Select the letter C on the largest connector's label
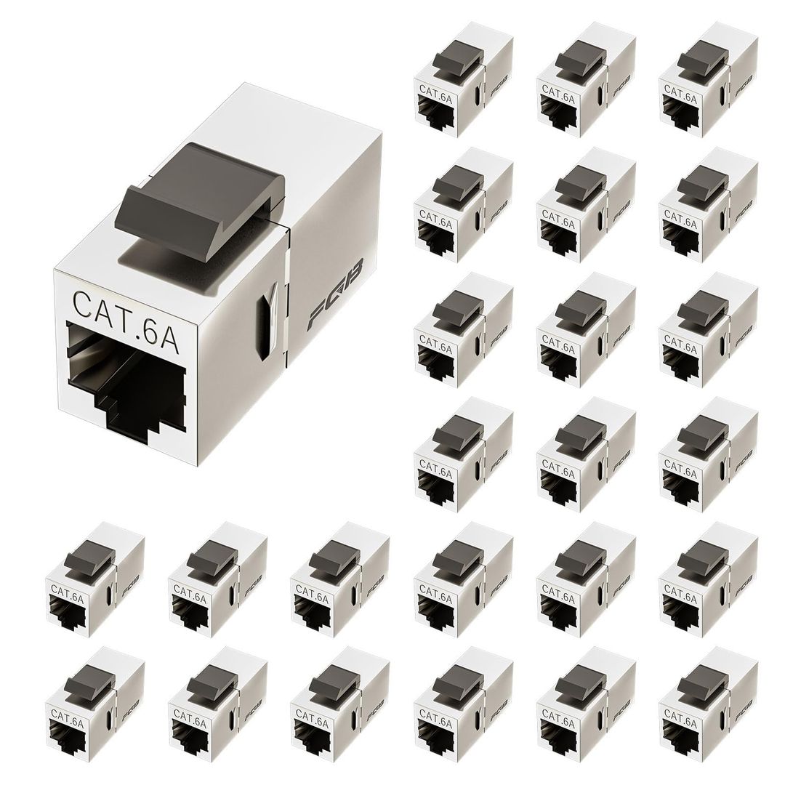tap(82, 301)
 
